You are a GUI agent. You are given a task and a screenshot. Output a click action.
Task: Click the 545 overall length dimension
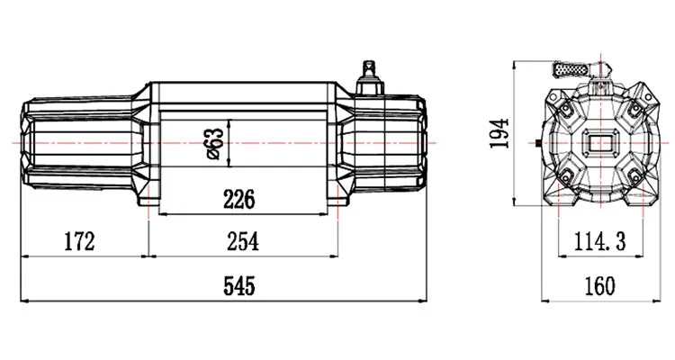click(238, 286)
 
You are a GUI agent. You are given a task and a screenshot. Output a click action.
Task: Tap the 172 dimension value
click(79, 241)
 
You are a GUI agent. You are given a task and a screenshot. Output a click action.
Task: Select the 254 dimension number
click(243, 241)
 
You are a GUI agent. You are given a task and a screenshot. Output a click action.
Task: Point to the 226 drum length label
click(238, 199)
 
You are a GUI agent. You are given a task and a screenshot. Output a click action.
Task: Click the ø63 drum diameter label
click(215, 143)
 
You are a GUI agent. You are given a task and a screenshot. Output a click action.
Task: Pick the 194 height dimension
click(499, 133)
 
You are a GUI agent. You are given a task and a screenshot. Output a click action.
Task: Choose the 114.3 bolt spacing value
click(599, 241)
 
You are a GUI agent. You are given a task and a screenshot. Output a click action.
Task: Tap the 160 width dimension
click(599, 286)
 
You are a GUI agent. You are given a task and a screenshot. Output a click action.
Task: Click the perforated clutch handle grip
click(570, 70)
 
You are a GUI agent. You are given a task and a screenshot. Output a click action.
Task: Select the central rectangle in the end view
click(601, 143)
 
